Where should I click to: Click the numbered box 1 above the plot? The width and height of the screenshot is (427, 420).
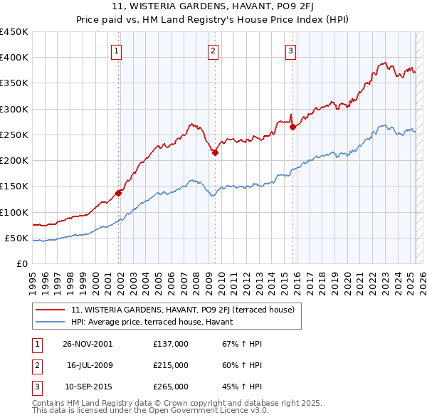tap(115, 50)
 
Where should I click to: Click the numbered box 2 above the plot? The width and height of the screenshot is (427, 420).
tap(213, 50)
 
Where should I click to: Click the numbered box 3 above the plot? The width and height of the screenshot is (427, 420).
tap(291, 50)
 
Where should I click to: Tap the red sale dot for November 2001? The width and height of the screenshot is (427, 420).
tap(119, 192)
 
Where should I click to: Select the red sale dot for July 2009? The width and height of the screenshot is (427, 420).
tap(216, 152)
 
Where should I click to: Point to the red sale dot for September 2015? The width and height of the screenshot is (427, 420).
tap(293, 127)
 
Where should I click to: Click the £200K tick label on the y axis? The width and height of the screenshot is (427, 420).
tap(14, 160)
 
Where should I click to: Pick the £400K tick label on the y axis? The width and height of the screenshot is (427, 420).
tap(14, 57)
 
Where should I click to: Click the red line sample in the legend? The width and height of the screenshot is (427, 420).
tap(51, 310)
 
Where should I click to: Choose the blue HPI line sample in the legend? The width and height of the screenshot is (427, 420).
tap(51, 322)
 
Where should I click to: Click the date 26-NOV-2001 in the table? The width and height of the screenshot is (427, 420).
tap(88, 344)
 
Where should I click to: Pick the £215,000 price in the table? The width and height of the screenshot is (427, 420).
tap(171, 365)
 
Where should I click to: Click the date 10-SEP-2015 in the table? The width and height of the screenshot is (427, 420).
tap(88, 387)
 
